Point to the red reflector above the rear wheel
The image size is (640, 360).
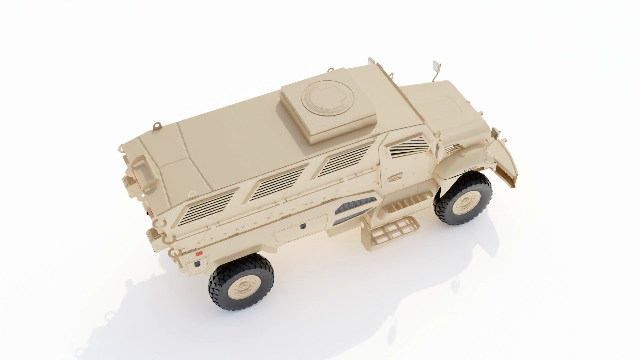199,254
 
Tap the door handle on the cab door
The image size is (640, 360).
395,179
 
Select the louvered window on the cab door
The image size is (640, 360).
408,148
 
